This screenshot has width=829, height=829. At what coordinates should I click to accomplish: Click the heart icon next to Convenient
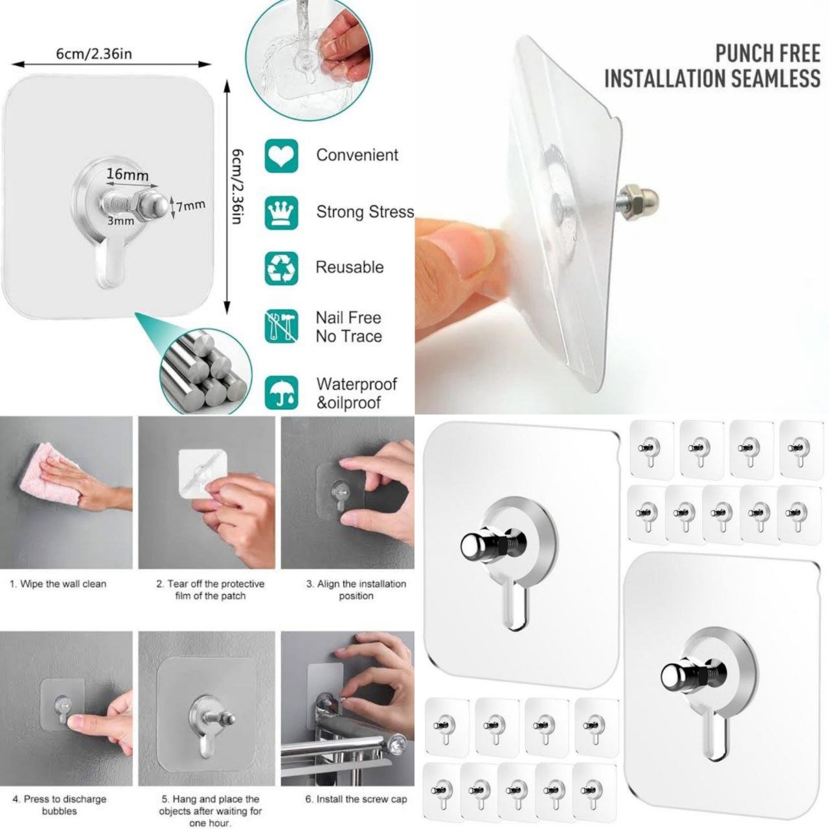(x=281, y=155)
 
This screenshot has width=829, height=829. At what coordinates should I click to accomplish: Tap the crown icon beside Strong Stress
(x=281, y=212)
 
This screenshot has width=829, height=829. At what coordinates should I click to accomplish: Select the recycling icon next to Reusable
(x=281, y=268)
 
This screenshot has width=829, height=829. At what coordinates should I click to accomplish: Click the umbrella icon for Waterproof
(x=281, y=392)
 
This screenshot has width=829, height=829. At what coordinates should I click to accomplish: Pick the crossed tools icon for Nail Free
(x=281, y=326)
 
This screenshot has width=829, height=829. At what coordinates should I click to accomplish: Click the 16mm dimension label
(x=128, y=174)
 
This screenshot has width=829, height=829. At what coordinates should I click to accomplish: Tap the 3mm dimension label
(x=121, y=221)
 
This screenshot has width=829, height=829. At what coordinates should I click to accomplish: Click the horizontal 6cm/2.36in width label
(x=94, y=54)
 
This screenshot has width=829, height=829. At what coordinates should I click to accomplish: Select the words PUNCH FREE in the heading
(x=767, y=54)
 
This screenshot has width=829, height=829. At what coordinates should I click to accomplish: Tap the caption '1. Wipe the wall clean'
(x=58, y=584)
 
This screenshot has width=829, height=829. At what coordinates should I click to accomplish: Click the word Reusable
(x=349, y=267)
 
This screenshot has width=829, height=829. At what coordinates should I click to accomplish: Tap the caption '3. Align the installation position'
(x=356, y=590)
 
